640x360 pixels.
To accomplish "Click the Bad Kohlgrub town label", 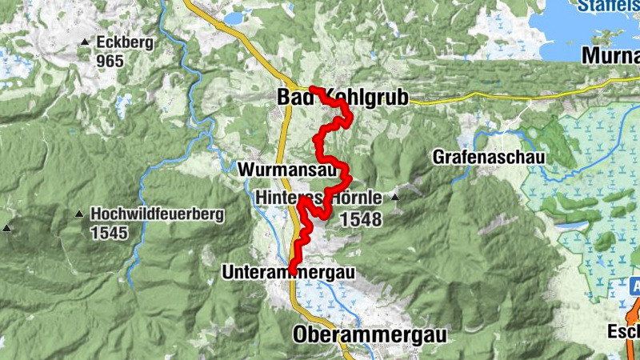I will coord(342,98).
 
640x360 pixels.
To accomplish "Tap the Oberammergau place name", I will coord(370,334).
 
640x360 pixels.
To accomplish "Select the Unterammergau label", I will coord(288,273).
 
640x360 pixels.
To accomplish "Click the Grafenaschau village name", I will coord(489,158).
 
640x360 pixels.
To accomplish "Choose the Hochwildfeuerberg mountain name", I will coord(158,214).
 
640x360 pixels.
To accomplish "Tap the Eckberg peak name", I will coord(123,42).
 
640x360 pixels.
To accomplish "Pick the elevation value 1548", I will coord(360,218).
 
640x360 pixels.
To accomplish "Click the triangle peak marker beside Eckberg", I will coord(84,42).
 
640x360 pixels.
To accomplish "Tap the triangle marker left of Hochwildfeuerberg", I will coord(78,214).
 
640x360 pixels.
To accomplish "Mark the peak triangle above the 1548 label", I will coord(394,196).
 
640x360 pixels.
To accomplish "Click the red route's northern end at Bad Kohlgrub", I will coord(312,89).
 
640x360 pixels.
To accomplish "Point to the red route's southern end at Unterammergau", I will coord(292,271).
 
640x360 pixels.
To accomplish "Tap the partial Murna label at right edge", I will coord(611,56).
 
